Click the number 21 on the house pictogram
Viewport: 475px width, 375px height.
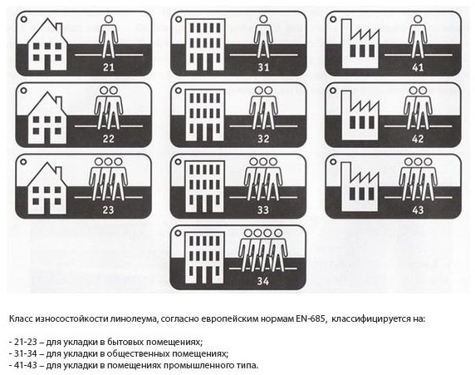click(x=109, y=67)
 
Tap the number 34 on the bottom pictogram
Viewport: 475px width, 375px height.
click(x=263, y=281)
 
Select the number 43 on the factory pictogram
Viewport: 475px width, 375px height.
click(x=418, y=210)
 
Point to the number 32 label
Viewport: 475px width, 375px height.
click(x=263, y=139)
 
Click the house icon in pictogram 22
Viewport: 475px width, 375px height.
click(x=47, y=118)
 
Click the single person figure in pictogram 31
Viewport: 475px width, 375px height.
click(x=263, y=37)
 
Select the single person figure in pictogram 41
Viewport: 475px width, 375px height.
click(x=418, y=37)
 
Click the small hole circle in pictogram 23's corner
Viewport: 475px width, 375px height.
click(x=23, y=162)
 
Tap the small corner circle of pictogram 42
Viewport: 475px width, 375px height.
click(x=333, y=91)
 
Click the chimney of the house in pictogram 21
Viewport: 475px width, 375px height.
click(x=59, y=28)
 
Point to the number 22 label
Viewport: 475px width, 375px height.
click(x=109, y=139)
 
